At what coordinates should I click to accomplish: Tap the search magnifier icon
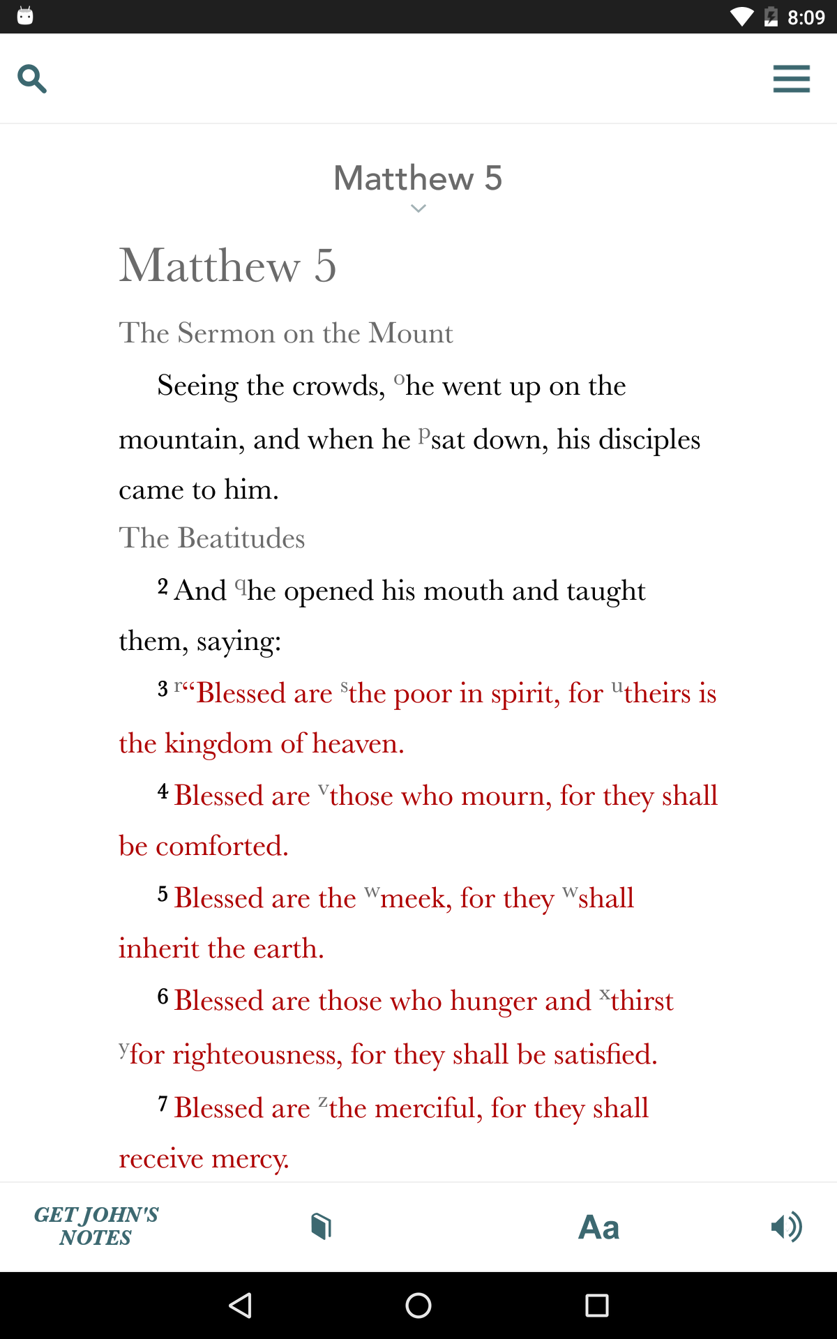point(32,79)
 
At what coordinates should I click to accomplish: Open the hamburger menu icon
point(791,79)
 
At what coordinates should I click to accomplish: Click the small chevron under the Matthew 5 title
point(418,209)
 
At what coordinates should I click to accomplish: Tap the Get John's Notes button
point(96,1226)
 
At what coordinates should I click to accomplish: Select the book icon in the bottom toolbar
point(321,1226)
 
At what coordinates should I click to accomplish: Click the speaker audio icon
point(786,1227)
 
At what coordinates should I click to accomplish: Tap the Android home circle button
point(418,1305)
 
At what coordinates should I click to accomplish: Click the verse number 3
point(163,689)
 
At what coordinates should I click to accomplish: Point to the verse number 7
point(163,1104)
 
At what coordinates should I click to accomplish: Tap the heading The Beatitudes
point(212,538)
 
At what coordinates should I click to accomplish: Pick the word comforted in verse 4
point(222,846)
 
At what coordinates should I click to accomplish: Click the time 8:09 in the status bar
point(806,17)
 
